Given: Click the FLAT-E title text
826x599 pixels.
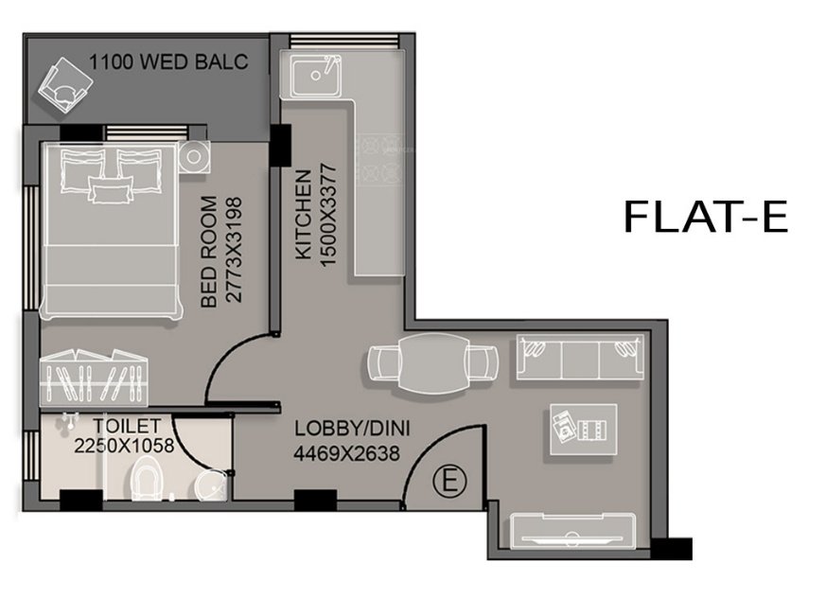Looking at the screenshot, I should tap(705, 217).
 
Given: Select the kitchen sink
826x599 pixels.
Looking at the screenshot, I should tap(318, 77).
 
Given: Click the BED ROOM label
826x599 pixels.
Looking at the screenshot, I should tap(210, 250).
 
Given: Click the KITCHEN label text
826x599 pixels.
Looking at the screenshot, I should tap(303, 216).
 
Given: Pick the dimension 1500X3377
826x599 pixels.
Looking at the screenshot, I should tap(328, 216).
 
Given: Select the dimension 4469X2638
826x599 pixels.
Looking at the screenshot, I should tap(346, 453).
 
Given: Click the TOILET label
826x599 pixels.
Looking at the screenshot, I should tap(127, 427).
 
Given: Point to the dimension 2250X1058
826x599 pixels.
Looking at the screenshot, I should tap(124, 446).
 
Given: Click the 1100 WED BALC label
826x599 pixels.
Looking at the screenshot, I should tap(168, 63).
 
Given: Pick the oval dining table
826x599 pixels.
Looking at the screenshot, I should tap(432, 362).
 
